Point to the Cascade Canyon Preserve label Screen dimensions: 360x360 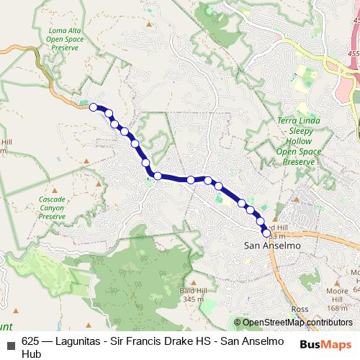point(53,207)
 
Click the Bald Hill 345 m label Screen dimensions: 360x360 point(193,295)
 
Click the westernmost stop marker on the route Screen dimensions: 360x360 point(93,107)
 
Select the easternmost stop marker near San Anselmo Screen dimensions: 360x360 point(266,233)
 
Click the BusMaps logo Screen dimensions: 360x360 point(325,344)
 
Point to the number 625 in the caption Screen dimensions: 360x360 point(31,341)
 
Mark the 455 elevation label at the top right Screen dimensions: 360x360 point(352,53)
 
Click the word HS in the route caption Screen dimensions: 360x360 point(202,341)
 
